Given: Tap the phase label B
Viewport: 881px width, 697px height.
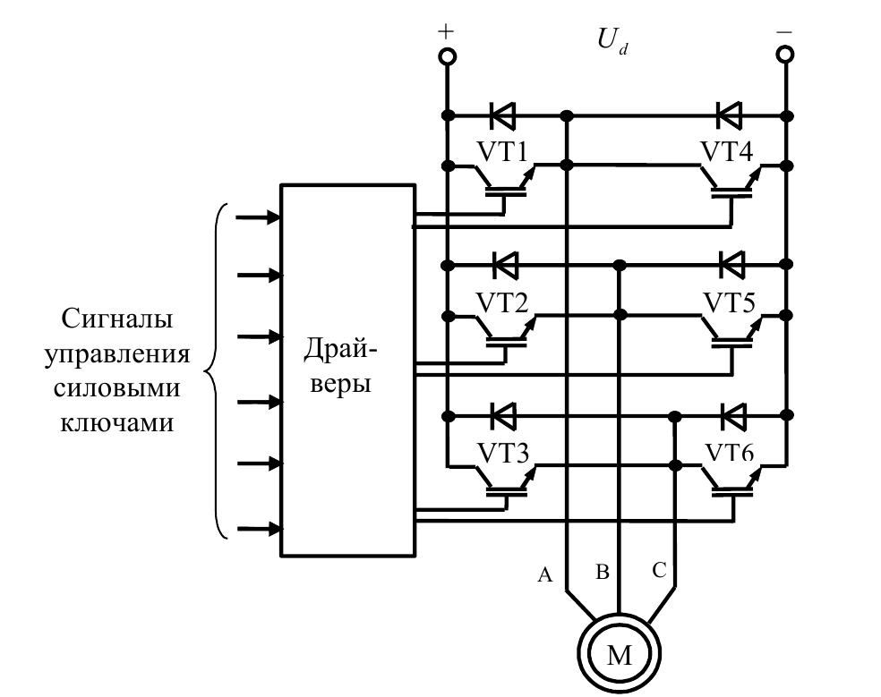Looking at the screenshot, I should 603,572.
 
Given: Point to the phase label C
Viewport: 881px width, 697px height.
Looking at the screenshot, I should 659,570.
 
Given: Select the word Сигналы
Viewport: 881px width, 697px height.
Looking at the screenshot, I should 116,319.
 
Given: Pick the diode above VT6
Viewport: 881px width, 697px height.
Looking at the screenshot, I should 731,415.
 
